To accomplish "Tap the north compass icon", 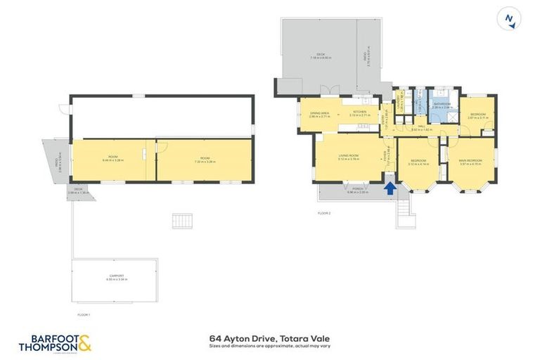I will point(509,18).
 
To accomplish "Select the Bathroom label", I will point(442,104).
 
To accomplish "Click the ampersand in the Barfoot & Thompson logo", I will point(85,344).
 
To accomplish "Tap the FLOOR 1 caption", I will point(84,314).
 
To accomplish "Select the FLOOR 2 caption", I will point(323,212).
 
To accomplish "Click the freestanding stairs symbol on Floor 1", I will point(182,221).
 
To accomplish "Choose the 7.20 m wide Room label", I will point(205,160).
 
